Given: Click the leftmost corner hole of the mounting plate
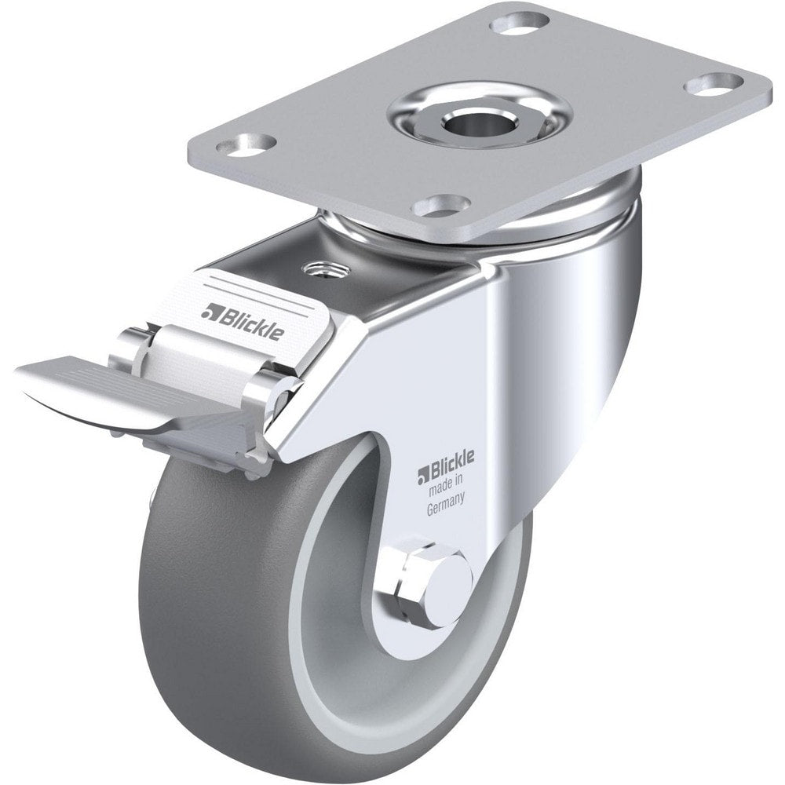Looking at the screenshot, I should (x=246, y=144).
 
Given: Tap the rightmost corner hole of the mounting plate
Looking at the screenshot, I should (x=713, y=85).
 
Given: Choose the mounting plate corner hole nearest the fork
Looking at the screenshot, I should (x=441, y=206).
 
